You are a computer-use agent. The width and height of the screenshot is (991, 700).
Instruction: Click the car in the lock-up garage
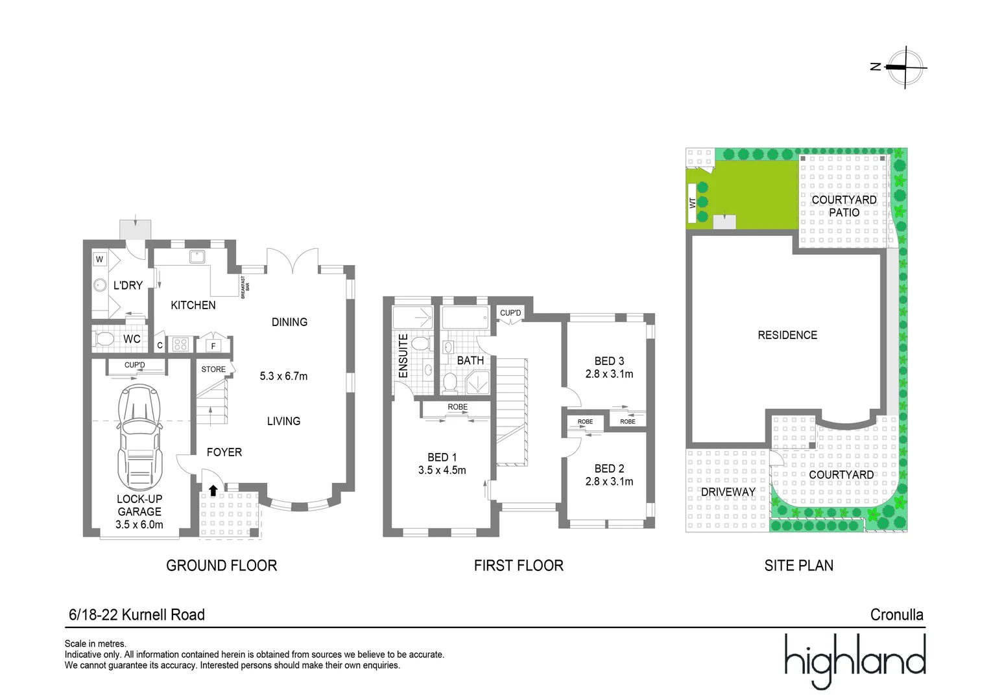pos(139,437)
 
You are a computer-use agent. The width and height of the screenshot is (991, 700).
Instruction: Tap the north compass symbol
pos(905,67)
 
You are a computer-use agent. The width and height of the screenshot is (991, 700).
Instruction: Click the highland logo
pos(854,660)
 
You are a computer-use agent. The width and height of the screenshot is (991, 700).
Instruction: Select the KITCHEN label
pos(193,305)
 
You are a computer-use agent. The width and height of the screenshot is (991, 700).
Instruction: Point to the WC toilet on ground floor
pos(104,339)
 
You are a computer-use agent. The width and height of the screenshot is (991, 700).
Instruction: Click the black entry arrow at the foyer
pos(213,491)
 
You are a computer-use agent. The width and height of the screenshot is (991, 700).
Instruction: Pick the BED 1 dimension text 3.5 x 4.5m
pos(442,471)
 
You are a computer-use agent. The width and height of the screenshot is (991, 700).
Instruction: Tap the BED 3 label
pos(609,361)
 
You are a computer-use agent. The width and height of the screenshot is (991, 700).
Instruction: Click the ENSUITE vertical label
pos(403,356)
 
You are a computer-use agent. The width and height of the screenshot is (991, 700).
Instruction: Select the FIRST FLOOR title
pos(518,566)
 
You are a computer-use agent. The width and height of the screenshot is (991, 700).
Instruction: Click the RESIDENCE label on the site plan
pos(787,335)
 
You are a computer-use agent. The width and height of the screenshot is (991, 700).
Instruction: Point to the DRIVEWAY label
pos(728,492)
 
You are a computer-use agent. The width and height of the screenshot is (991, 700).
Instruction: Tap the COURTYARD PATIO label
pos(844,206)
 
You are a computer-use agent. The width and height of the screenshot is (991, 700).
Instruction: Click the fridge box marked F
pos(213,346)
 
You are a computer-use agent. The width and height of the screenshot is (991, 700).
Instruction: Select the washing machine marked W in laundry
pos(99,259)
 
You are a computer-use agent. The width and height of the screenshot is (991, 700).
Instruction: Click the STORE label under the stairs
pos(213,369)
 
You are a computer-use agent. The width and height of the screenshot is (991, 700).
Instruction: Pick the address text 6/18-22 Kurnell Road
pos(137,614)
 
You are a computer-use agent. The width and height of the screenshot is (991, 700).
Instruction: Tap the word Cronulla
pos(896,614)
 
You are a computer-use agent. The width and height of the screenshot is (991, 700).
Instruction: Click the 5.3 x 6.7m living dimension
pos(283,376)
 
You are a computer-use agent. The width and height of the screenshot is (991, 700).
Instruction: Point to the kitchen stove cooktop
pos(181,345)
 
